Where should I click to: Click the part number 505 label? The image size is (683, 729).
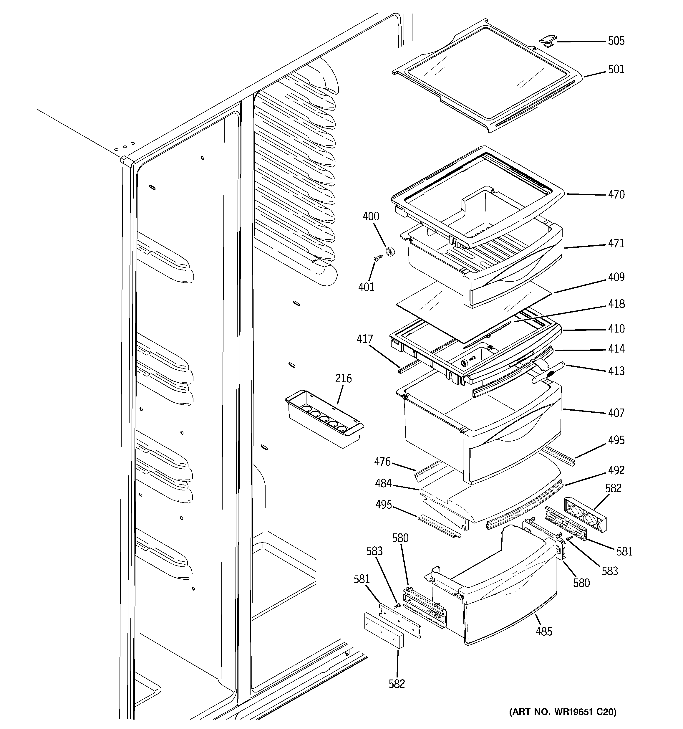[616, 41]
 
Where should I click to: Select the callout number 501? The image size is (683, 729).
[616, 69]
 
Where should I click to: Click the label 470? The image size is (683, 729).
[616, 194]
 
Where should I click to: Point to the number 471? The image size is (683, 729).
[616, 244]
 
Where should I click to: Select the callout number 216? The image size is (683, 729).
[343, 378]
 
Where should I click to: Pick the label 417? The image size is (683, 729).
[365, 339]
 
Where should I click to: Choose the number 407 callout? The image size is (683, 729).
[616, 413]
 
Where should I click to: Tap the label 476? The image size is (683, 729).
[382, 462]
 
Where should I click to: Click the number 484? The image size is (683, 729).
[383, 484]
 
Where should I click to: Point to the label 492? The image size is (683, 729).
[616, 470]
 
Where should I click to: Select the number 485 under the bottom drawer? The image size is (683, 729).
[544, 632]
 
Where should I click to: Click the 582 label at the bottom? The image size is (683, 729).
[397, 684]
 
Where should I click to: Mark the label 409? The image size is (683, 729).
[616, 277]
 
